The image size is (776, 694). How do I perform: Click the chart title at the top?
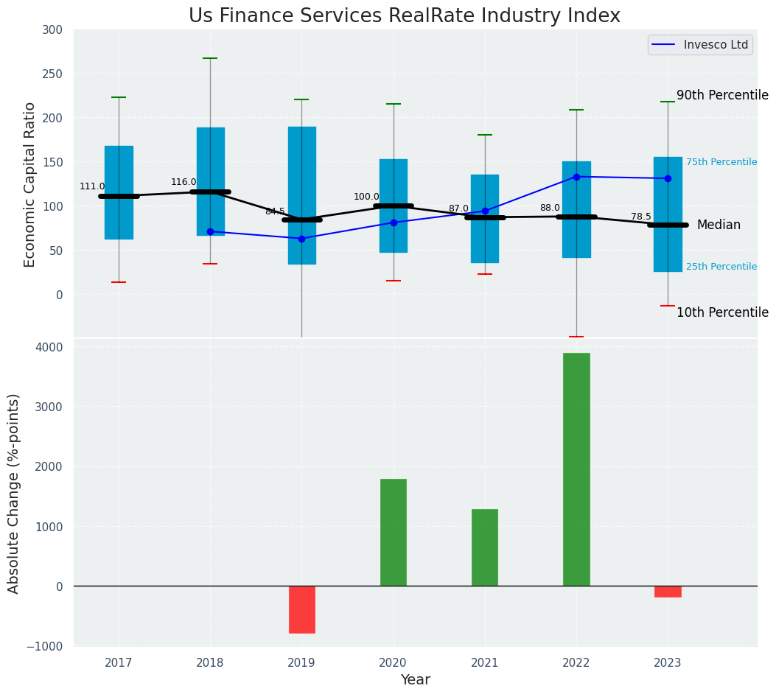[x=404, y=16]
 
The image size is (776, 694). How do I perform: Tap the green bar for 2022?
[x=576, y=469]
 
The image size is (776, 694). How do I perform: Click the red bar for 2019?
[x=301, y=609]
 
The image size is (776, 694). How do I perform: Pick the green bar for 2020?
[x=394, y=532]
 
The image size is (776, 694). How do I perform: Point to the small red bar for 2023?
[x=668, y=592]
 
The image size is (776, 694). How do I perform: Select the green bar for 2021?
[x=485, y=547]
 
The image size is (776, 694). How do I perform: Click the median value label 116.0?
[x=183, y=182]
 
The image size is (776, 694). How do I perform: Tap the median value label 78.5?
[x=641, y=217]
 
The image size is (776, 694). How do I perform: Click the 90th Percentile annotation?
[x=722, y=95]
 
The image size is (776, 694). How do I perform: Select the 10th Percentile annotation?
[x=722, y=312]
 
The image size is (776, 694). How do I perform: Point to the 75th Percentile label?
[x=721, y=162]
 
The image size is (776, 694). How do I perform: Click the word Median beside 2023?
[x=719, y=225]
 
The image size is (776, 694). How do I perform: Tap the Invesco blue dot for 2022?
[x=576, y=177]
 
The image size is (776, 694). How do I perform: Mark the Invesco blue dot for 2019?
[x=301, y=239]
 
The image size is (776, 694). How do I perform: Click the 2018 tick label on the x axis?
[x=210, y=663]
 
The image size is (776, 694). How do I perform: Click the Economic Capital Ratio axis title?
[x=30, y=184]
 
